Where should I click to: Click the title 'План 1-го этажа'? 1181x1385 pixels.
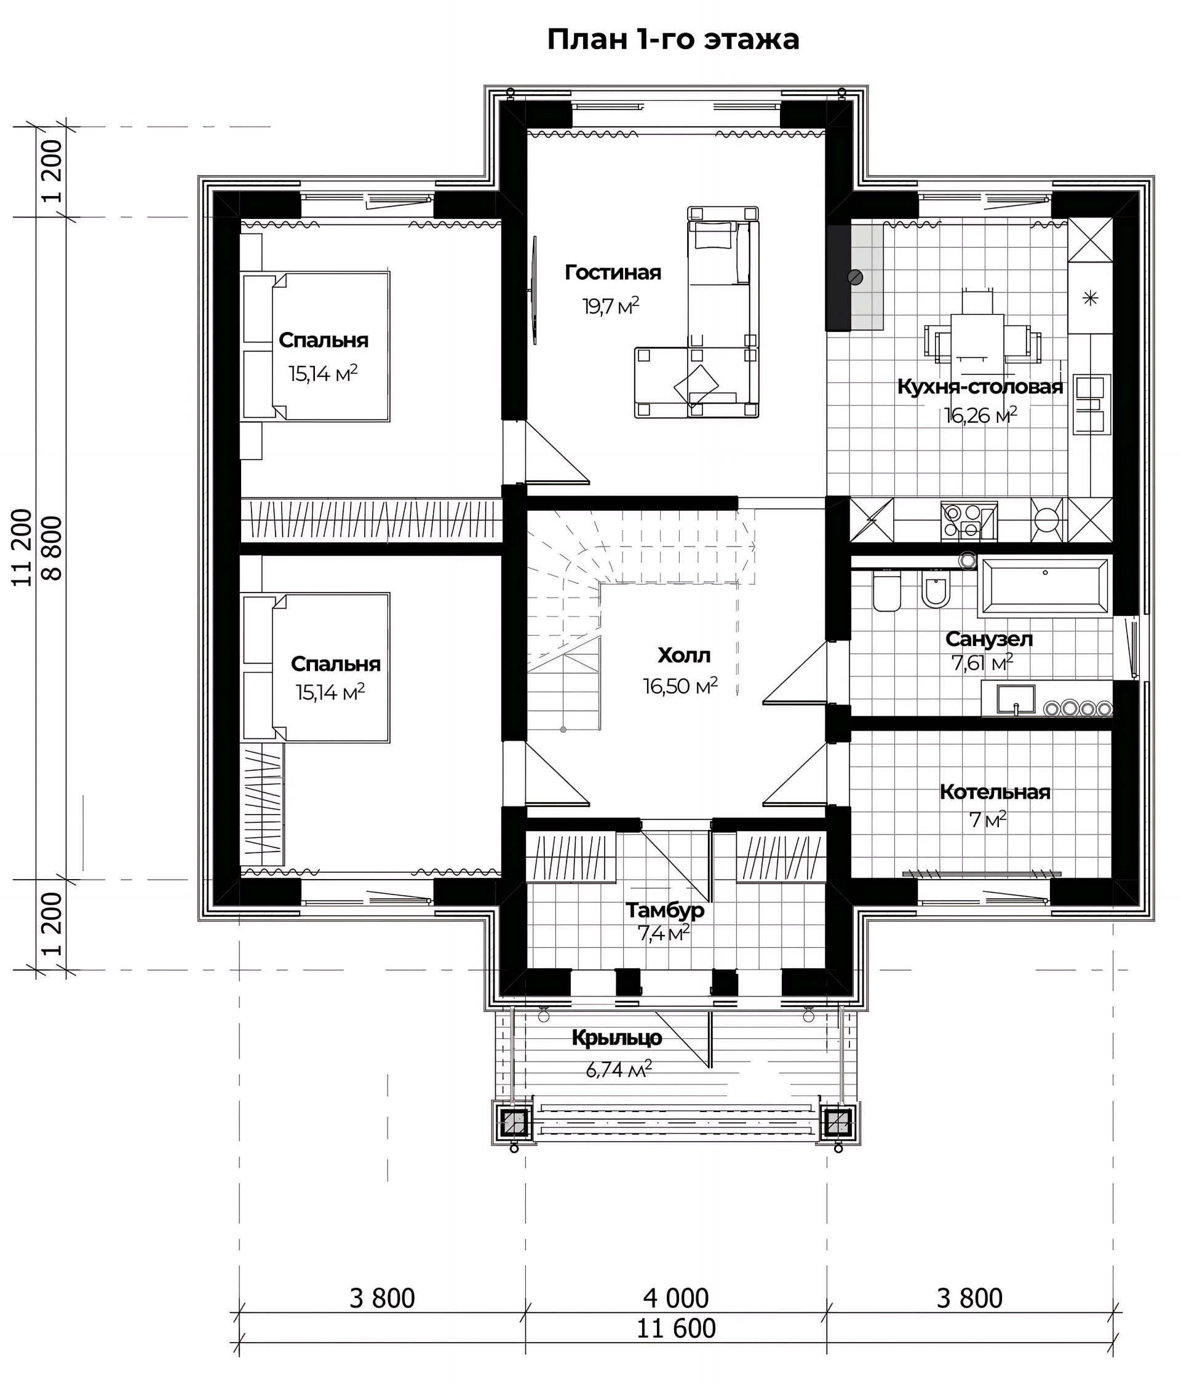click(x=673, y=40)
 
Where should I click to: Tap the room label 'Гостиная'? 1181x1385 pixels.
click(x=613, y=273)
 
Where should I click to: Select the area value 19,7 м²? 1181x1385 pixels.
click(x=611, y=306)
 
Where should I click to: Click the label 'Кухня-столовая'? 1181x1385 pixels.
click(x=980, y=387)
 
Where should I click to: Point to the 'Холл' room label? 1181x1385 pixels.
click(x=683, y=655)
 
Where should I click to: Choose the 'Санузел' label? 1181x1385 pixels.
click(x=989, y=639)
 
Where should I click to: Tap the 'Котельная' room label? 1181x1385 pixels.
click(x=995, y=792)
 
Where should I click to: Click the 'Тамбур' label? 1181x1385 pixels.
click(x=665, y=910)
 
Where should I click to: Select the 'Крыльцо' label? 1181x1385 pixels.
click(x=616, y=1038)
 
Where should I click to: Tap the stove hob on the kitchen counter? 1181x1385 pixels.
click(x=969, y=521)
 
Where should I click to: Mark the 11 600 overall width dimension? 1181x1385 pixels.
click(x=676, y=1329)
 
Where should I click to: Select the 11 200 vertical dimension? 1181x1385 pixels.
click(x=23, y=548)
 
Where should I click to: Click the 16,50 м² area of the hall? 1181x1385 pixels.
click(x=681, y=686)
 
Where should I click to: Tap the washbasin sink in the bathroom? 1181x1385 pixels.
click(x=1016, y=699)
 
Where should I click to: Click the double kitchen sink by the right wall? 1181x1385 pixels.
click(x=1091, y=404)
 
